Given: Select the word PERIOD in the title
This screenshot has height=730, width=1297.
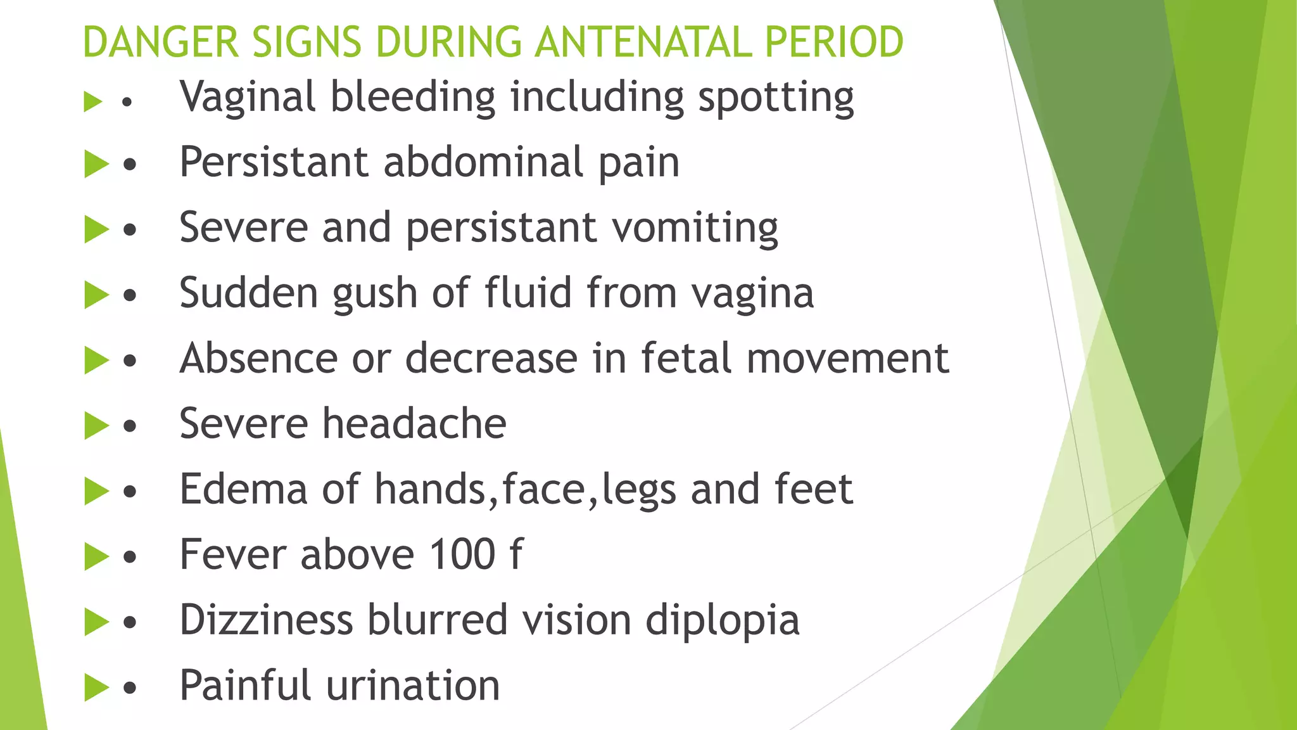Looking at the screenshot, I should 834,42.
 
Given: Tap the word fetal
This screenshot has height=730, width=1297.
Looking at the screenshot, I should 686,359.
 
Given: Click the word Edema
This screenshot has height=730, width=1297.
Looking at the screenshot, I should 243,489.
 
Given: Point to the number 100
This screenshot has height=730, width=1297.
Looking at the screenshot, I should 462,554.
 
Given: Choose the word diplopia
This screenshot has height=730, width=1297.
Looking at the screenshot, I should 722,621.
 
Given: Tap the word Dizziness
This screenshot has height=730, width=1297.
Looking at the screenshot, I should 266,620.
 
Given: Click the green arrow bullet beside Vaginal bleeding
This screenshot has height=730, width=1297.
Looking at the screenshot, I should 93,101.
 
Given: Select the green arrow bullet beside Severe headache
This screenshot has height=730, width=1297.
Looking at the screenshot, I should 96,425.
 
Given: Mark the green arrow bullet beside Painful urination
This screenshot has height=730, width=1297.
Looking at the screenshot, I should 96,688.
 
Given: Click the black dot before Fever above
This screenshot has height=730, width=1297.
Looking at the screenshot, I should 130,557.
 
